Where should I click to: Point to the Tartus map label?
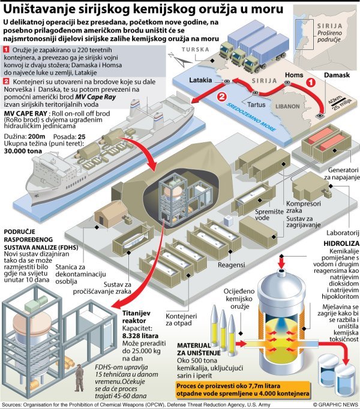257,103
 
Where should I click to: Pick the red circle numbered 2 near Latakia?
222,96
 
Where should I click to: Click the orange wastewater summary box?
243,389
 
